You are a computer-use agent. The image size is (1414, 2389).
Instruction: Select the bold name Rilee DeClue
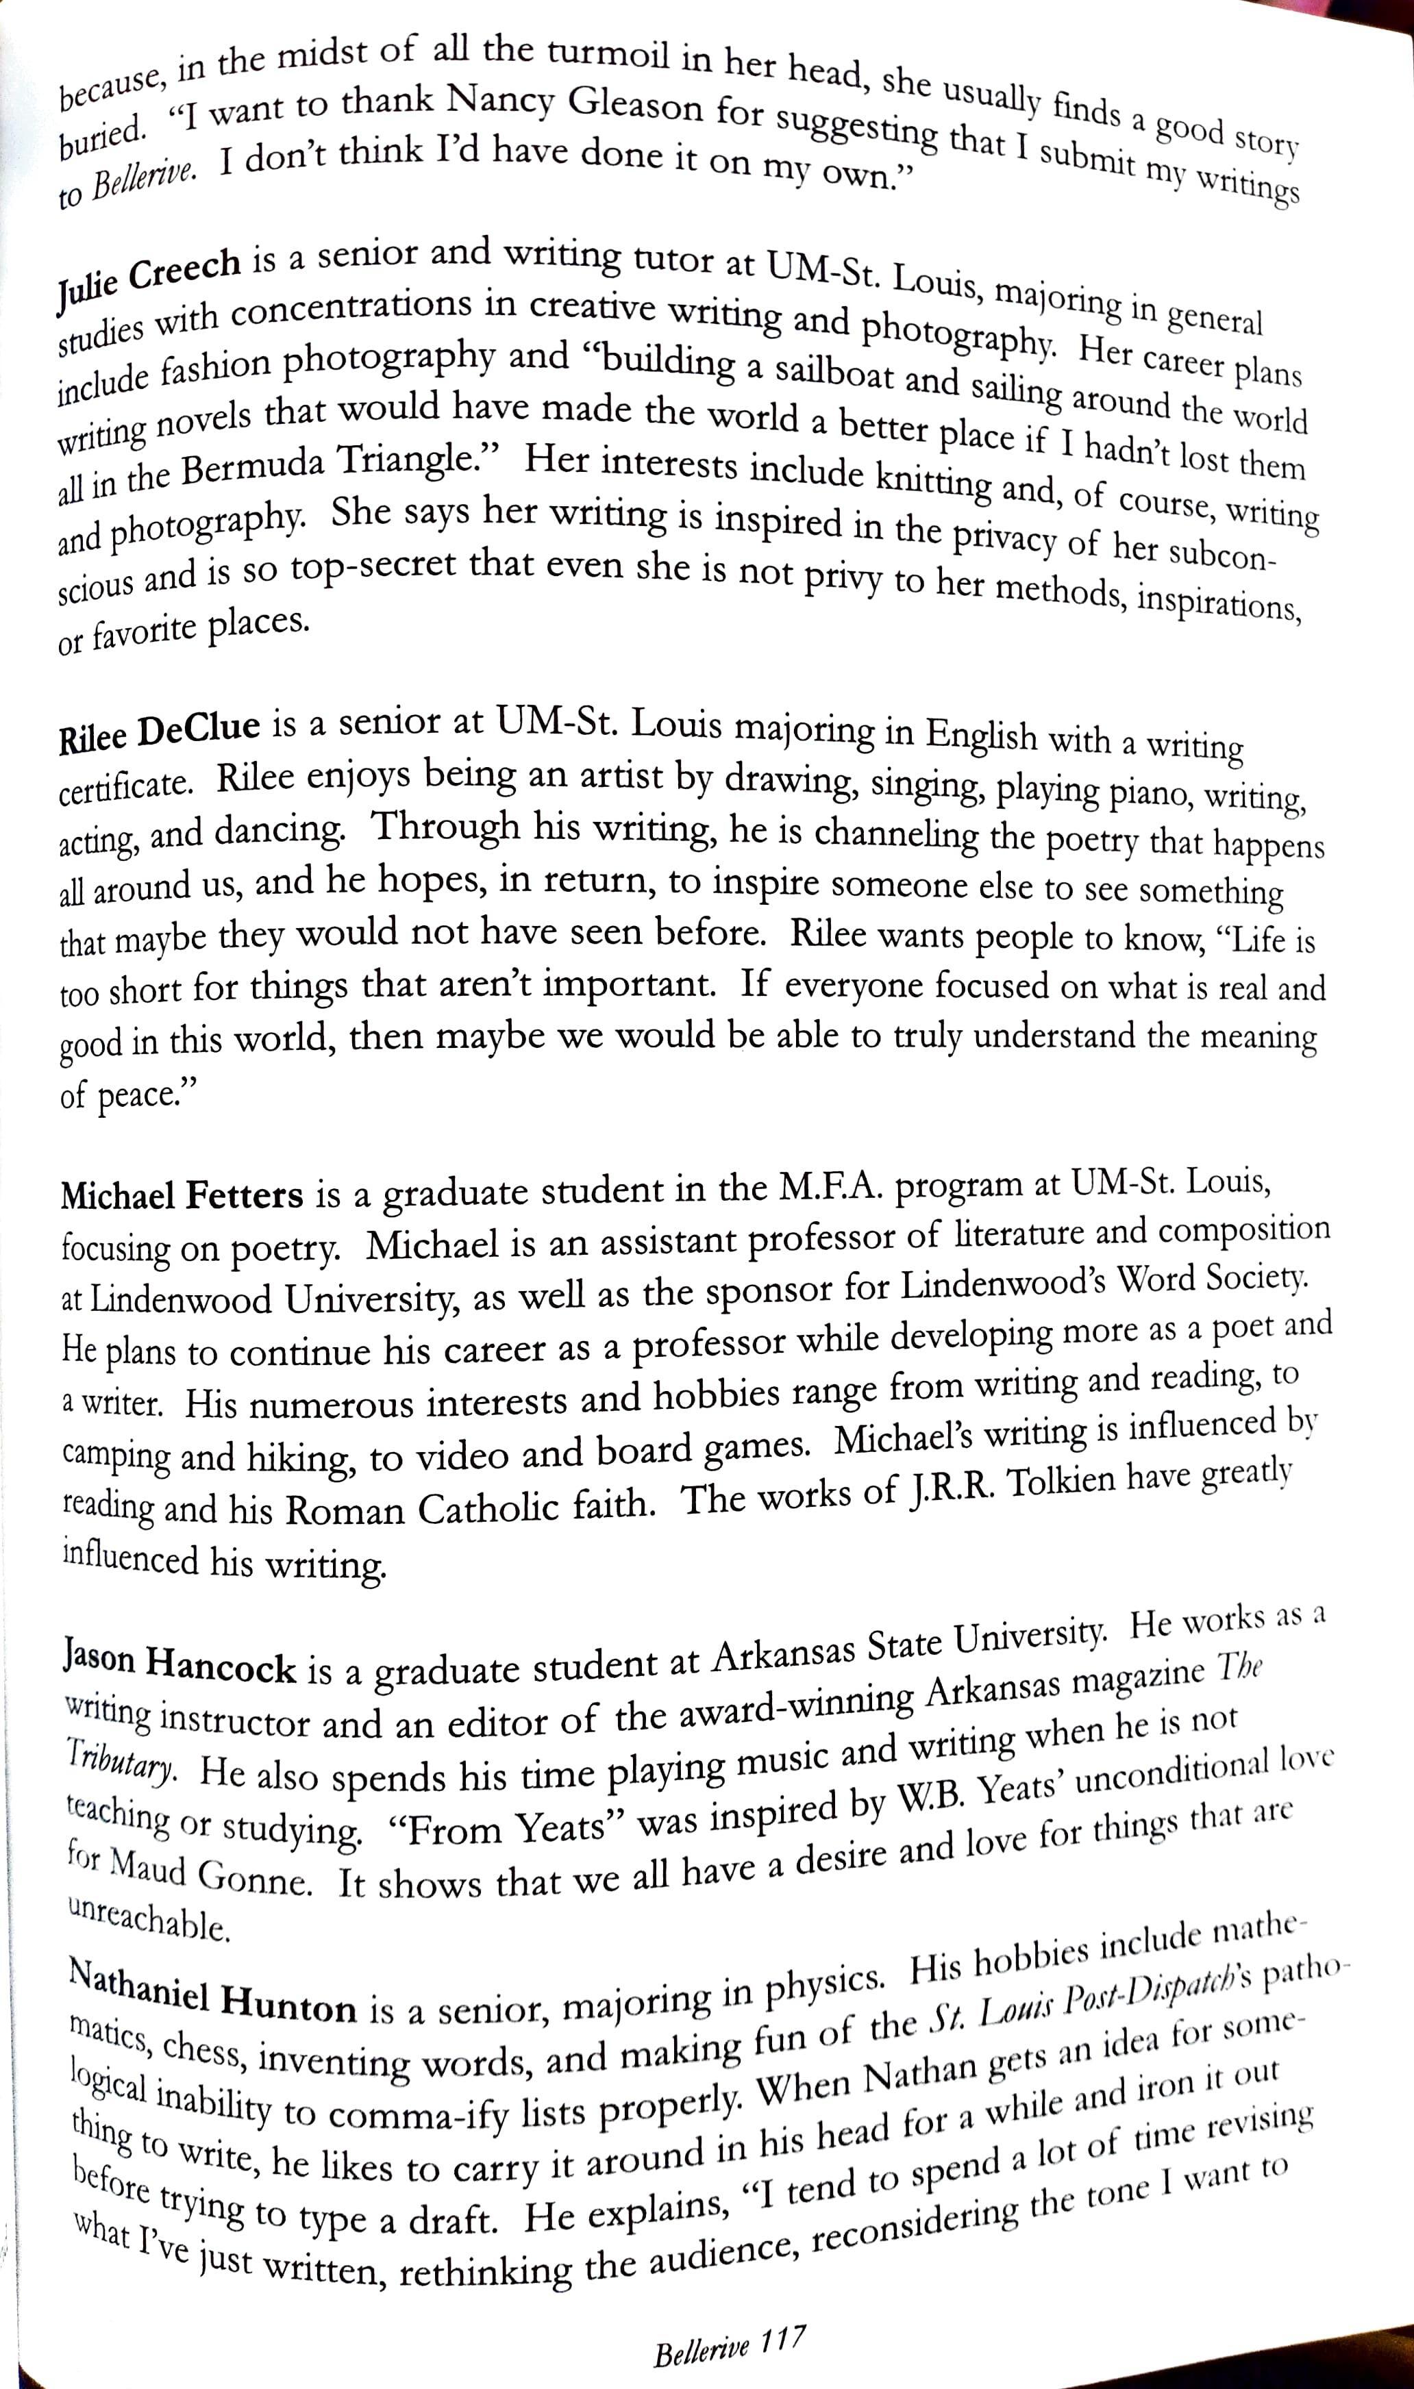point(159,734)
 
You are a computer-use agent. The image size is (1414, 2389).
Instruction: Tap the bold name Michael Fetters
point(181,1194)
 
